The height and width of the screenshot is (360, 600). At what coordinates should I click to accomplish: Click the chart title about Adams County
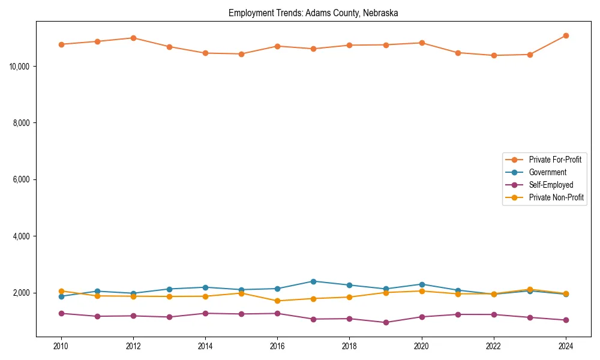coord(313,13)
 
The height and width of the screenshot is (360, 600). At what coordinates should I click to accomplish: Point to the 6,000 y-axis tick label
coord(23,179)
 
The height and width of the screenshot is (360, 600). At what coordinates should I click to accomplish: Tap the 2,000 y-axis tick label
coord(23,293)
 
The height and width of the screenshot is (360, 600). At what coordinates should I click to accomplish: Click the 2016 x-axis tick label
coord(277,346)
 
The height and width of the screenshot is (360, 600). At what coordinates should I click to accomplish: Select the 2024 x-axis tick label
coord(565,346)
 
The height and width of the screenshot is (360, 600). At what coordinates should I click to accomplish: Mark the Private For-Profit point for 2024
coord(566,35)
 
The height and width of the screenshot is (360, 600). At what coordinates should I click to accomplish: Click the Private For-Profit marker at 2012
coord(133,38)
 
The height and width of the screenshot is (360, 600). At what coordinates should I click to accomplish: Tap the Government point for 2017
coord(313,281)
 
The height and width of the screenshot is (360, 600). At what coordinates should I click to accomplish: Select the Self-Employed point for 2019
coord(385,322)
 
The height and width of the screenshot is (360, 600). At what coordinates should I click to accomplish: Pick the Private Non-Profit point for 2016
coord(277,301)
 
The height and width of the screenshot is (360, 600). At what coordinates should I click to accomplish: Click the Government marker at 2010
coord(61,296)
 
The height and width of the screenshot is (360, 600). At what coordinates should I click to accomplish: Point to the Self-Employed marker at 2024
coord(566,320)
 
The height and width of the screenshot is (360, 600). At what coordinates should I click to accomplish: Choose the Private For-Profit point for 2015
coord(241,54)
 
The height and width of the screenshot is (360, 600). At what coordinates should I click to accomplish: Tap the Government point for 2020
coord(421,284)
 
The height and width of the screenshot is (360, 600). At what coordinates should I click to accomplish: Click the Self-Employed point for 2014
coord(205,313)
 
